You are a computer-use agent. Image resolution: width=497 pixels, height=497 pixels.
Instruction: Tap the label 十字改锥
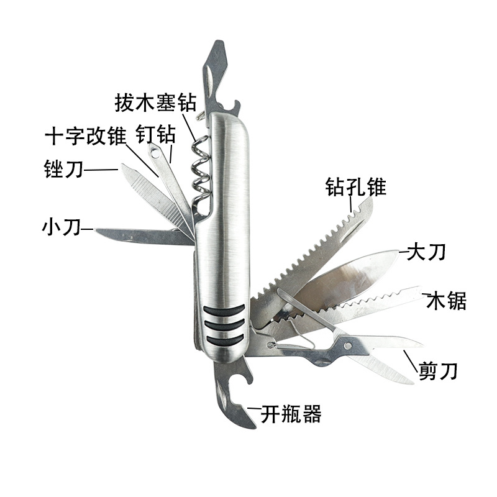click(x=86, y=135)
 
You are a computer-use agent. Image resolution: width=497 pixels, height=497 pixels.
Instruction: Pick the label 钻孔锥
click(x=356, y=186)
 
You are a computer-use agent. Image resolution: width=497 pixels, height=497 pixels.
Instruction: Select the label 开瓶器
click(x=291, y=414)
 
